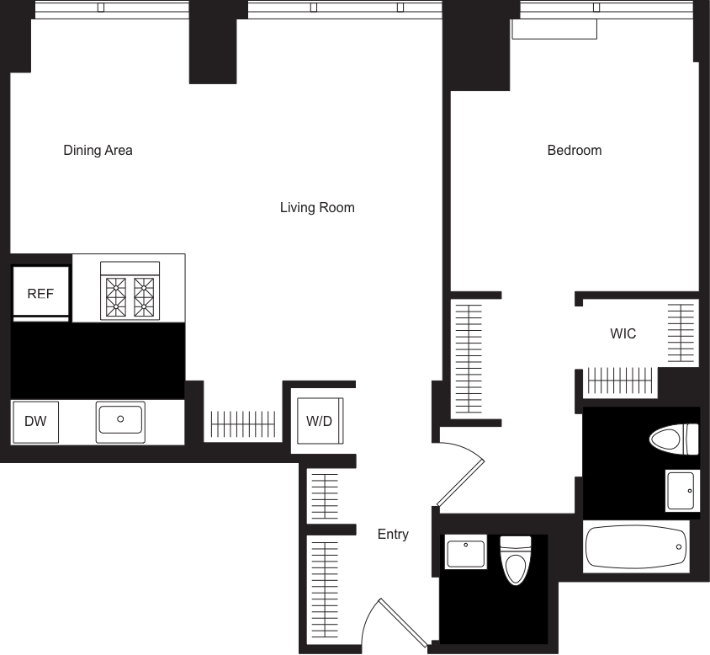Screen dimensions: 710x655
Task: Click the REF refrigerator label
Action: tap(40, 294)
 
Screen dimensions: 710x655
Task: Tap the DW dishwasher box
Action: tap(35, 421)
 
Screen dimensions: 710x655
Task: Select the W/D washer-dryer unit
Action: tap(319, 421)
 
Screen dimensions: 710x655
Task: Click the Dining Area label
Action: tap(98, 151)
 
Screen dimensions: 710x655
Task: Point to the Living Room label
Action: tap(317, 207)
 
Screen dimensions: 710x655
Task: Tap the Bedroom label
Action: tap(575, 151)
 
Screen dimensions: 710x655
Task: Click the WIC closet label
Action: tap(623, 334)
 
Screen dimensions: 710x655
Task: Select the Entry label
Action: tap(393, 535)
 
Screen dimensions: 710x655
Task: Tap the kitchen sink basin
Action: tap(121, 418)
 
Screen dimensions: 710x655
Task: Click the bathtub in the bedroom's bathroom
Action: tap(636, 546)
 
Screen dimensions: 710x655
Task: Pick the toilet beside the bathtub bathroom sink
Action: tap(675, 439)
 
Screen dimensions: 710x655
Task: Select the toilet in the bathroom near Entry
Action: tap(516, 560)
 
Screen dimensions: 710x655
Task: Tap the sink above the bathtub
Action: tap(682, 490)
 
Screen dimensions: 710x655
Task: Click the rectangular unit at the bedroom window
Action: tap(554, 29)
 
